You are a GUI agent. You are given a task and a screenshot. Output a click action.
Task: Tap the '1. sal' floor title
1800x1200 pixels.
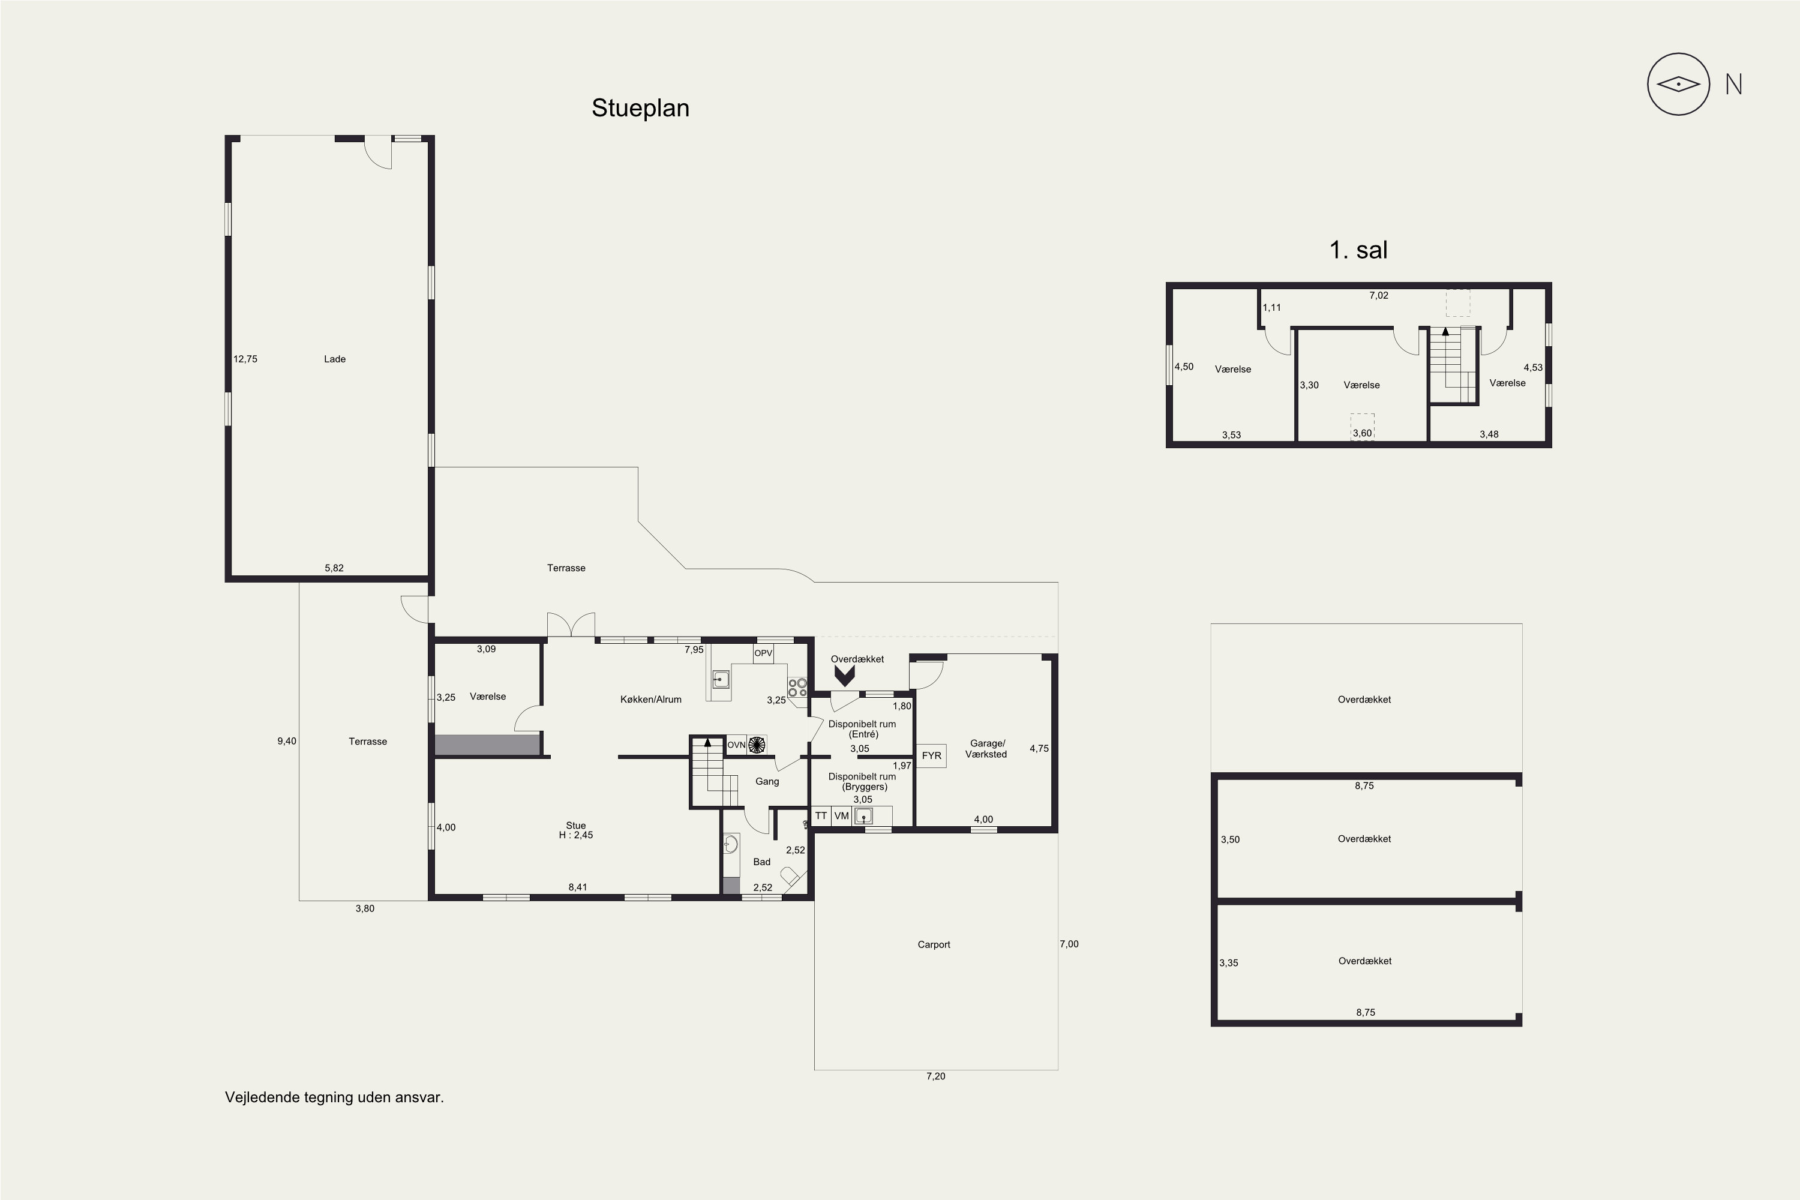click(1358, 250)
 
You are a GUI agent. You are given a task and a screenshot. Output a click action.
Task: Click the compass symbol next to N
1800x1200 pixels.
click(1678, 84)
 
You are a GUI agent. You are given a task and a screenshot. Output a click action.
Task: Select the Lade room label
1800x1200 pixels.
click(334, 359)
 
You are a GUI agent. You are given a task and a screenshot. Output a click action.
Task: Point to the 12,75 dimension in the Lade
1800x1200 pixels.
click(245, 359)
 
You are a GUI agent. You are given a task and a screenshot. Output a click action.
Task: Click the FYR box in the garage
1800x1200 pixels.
click(931, 755)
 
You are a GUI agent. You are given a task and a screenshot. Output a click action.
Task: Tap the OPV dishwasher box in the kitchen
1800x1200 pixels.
click(763, 653)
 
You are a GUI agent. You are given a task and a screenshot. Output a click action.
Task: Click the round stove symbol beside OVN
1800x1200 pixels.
click(757, 745)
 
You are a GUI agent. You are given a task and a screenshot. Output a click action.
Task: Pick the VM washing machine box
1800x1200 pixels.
click(842, 816)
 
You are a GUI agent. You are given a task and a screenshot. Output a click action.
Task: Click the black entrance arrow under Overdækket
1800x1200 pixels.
click(844, 675)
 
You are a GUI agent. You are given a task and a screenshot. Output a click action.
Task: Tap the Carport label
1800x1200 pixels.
click(934, 944)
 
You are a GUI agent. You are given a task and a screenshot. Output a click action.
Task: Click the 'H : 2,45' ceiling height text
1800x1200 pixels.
click(575, 835)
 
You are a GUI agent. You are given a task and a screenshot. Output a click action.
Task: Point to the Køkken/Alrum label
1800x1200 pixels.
click(650, 699)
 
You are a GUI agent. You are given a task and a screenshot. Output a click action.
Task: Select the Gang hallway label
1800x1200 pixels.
click(767, 781)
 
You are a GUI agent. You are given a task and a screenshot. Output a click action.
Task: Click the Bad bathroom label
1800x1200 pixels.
click(761, 862)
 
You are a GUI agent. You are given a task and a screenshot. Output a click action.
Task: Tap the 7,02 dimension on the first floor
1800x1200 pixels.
click(1378, 295)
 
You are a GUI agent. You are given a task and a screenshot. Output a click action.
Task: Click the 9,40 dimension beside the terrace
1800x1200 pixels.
click(287, 741)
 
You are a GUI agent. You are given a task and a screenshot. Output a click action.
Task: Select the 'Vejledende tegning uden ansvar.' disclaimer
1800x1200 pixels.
click(334, 1097)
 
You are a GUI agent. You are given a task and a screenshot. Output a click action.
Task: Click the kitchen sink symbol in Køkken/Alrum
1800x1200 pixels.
click(720, 679)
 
